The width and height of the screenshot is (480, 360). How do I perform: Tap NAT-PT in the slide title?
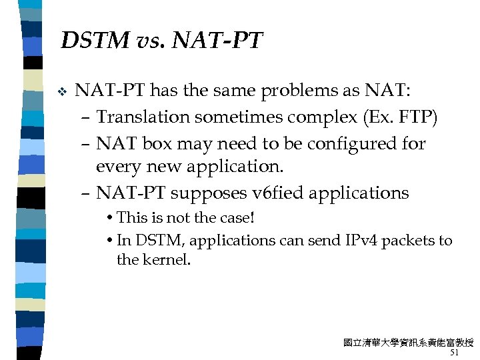pyautogui.click(x=218, y=41)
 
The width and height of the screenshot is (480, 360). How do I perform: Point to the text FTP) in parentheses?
pyautogui.click(x=417, y=117)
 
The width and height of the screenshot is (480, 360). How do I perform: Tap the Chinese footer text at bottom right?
pyautogui.click(x=408, y=343)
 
